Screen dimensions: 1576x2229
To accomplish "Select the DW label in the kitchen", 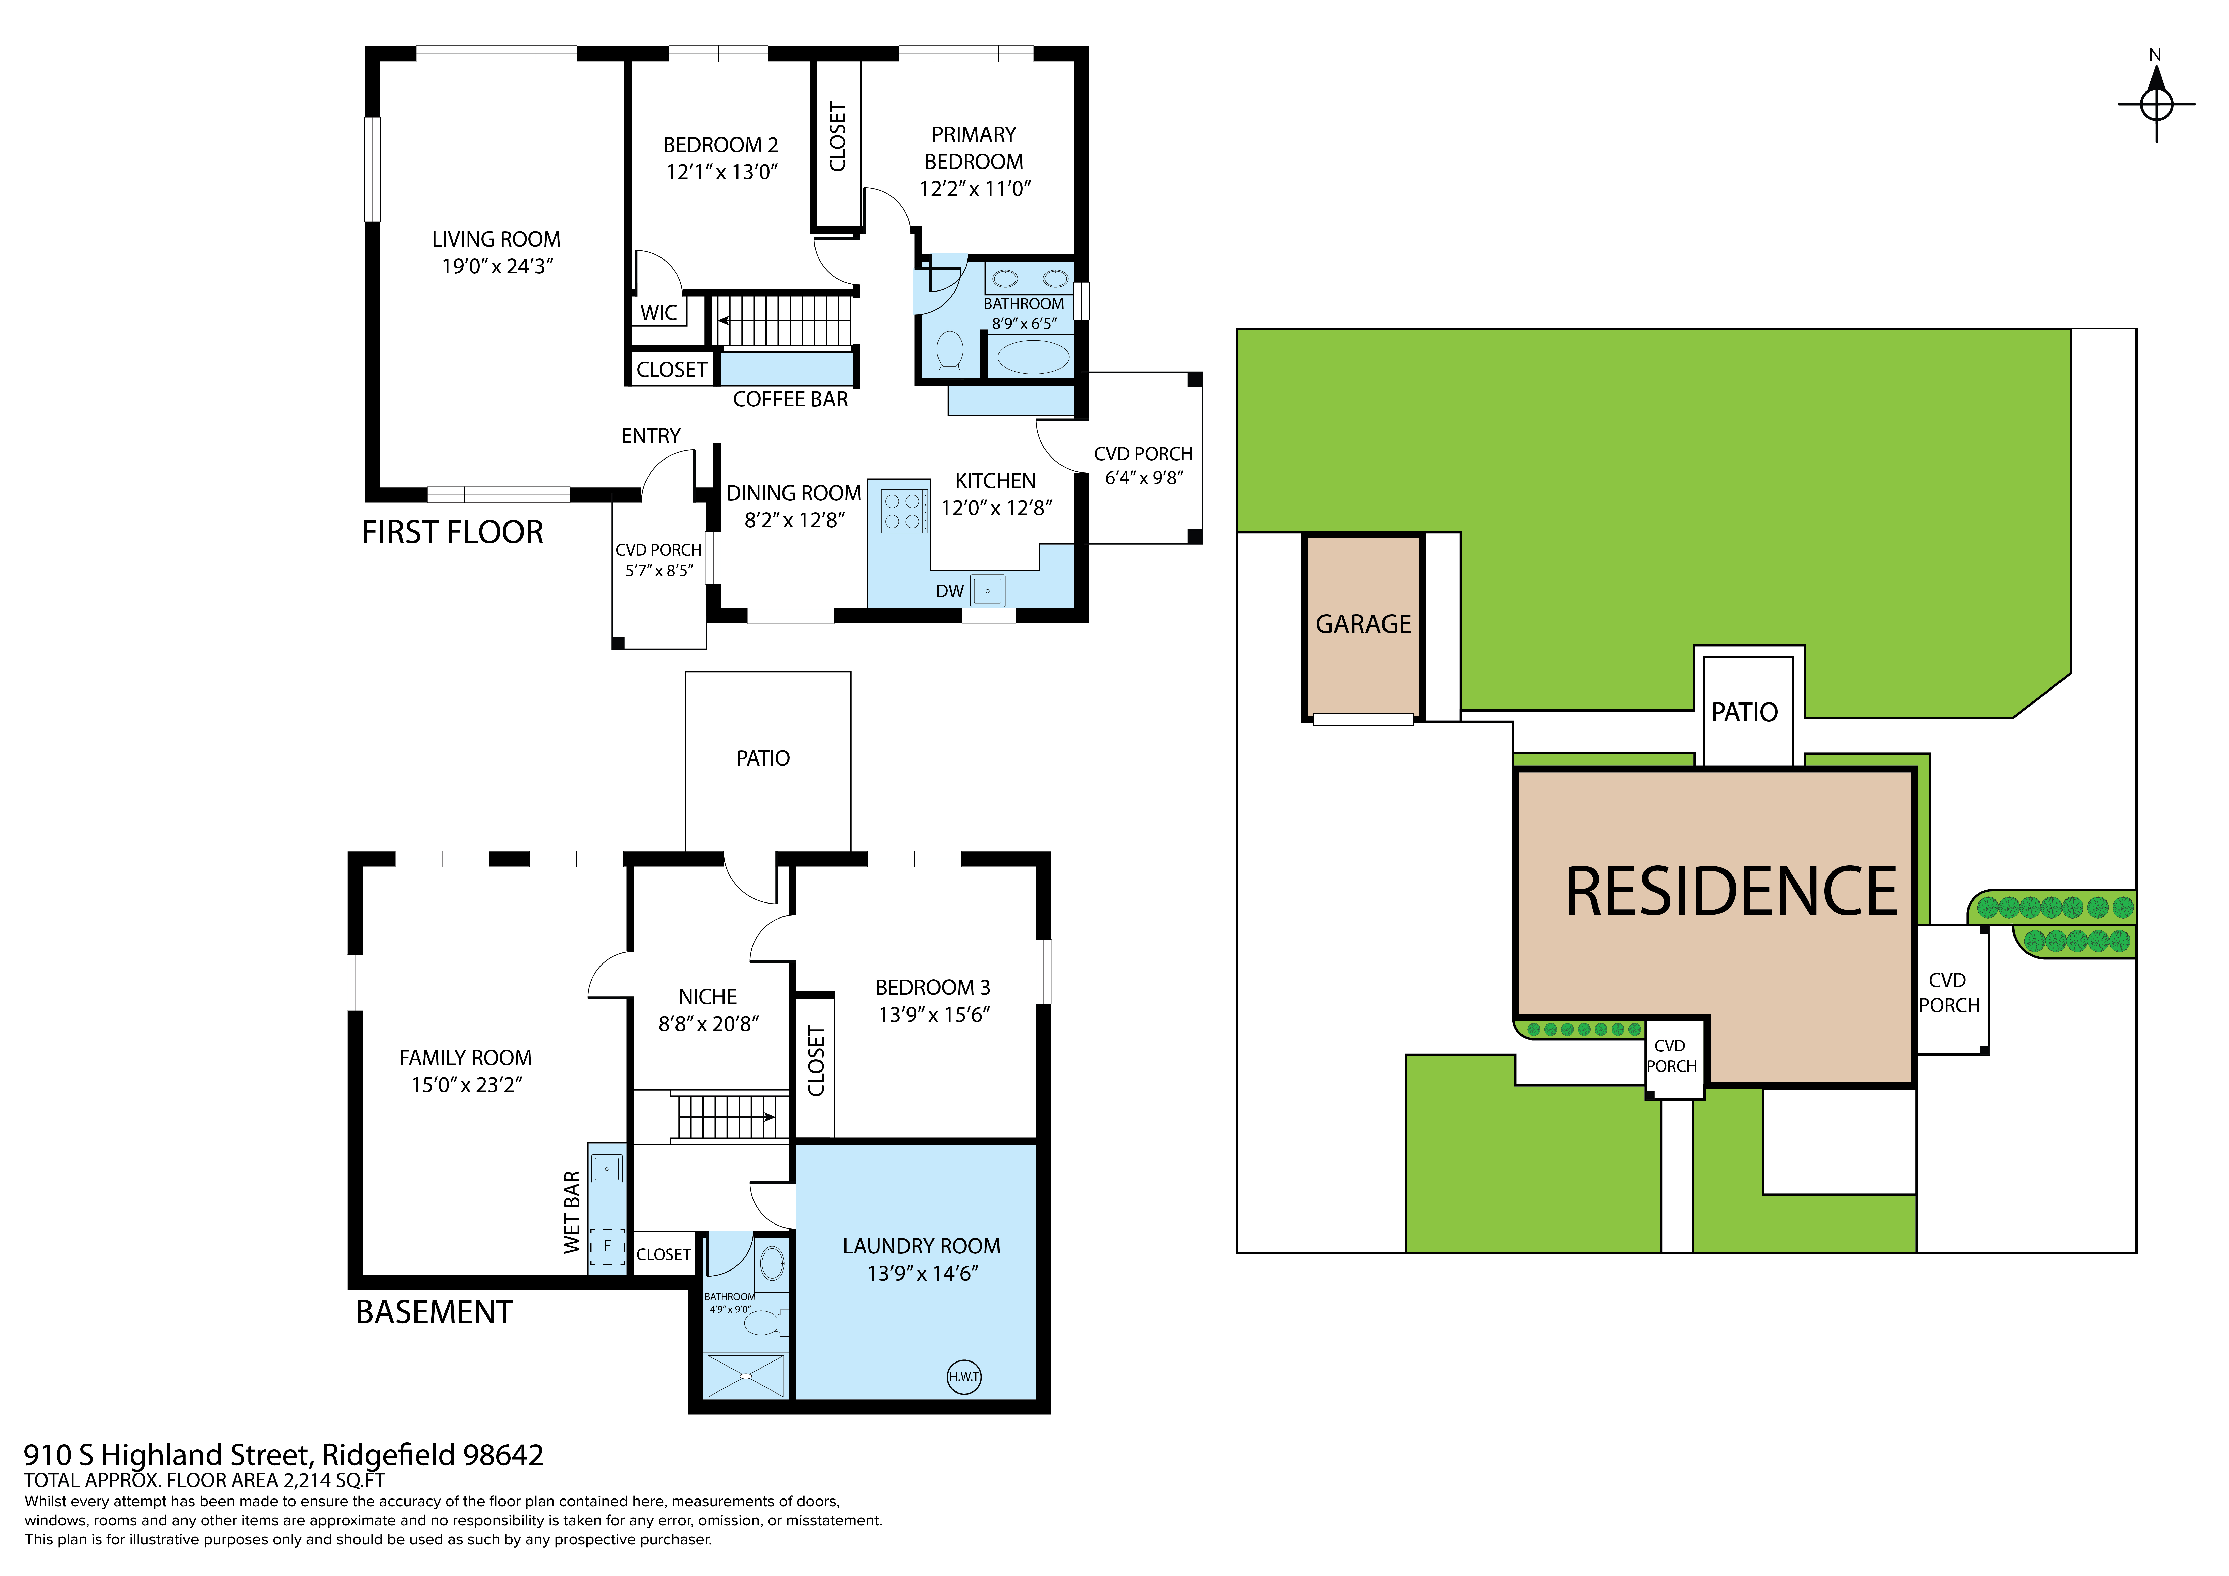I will click(949, 591).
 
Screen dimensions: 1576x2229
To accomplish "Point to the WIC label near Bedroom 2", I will click(658, 313).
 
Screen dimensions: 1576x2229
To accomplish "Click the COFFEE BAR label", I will click(790, 399).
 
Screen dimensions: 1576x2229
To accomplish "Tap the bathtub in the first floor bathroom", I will click(1033, 356).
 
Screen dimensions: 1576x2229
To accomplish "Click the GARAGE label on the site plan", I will click(1363, 624).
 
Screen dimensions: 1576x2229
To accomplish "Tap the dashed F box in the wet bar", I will click(607, 1246).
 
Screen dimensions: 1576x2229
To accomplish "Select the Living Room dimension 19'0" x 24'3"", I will click(497, 266).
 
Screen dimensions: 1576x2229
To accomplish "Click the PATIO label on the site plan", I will click(1745, 713).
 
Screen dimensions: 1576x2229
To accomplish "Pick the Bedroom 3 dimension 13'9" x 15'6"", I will click(934, 1015).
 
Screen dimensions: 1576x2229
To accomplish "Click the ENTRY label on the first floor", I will click(650, 436).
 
